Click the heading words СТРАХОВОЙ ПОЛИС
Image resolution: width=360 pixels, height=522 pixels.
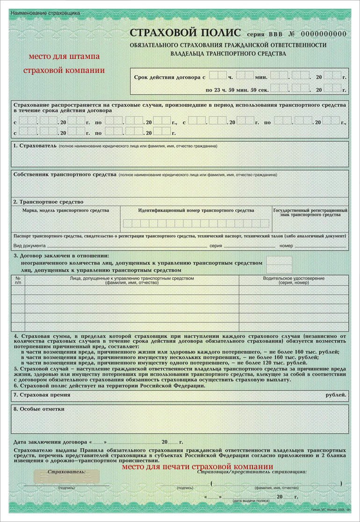pos(185,33)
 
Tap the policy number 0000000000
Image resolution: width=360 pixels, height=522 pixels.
pos(324,34)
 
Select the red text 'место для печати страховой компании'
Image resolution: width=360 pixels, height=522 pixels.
pos(197,466)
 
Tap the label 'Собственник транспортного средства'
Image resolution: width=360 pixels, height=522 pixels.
pos(65,174)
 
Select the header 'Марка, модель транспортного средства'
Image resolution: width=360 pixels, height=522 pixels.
pos(65,210)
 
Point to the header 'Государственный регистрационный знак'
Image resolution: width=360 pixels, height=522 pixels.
pos(310,213)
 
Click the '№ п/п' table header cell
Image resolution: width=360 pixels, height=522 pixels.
pos(18,280)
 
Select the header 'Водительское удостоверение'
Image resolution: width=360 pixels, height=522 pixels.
pos(294,280)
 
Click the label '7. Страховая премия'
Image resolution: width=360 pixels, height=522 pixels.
pos(42,395)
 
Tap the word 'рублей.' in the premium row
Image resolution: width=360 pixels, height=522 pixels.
pos(336,395)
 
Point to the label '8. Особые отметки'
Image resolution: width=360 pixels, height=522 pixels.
pos(39,409)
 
